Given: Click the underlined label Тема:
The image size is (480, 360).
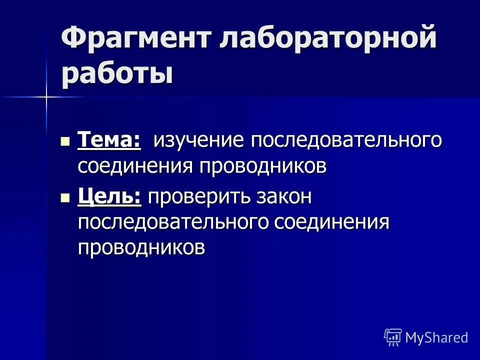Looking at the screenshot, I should pyautogui.click(x=109, y=140).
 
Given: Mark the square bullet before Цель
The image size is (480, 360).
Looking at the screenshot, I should pyautogui.click(x=65, y=198).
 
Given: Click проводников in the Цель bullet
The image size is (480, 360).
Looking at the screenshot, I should pyautogui.click(x=141, y=247).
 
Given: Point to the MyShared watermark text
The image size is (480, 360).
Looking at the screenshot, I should pyautogui.click(x=436, y=337).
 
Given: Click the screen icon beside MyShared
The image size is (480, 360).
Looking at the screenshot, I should pyautogui.click(x=393, y=337).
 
